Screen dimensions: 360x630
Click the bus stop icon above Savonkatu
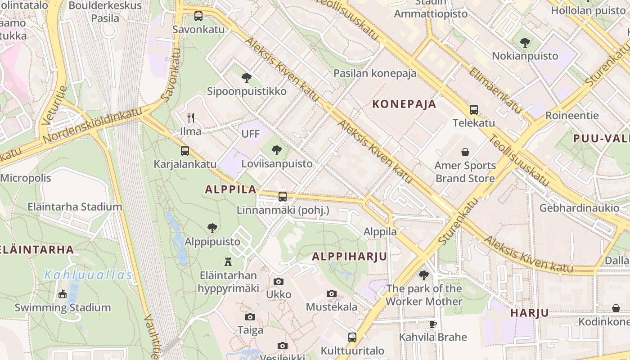(198, 16)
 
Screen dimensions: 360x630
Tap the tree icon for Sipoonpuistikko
(246, 78)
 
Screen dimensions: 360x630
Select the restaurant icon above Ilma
(191, 118)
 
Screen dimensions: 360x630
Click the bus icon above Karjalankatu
(185, 151)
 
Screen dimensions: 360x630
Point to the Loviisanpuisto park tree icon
(277, 150)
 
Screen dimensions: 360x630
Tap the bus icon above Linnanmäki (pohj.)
(283, 197)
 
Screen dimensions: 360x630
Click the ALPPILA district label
(230, 189)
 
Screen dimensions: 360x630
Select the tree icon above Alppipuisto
(212, 228)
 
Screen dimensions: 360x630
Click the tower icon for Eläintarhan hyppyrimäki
(228, 261)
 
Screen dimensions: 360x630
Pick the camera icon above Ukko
(279, 282)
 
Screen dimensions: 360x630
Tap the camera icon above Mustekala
(332, 294)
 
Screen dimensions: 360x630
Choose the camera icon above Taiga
(250, 317)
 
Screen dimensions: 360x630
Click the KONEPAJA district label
(404, 104)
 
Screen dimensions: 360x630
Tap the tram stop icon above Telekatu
(473, 110)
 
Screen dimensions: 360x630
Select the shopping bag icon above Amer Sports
(465, 153)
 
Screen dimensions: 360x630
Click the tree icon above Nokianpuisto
(525, 43)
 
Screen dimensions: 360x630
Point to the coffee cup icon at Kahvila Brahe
(433, 324)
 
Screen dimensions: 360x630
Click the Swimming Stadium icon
(63, 294)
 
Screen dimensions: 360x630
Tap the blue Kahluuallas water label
(88, 275)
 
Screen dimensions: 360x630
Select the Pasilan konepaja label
(375, 73)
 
